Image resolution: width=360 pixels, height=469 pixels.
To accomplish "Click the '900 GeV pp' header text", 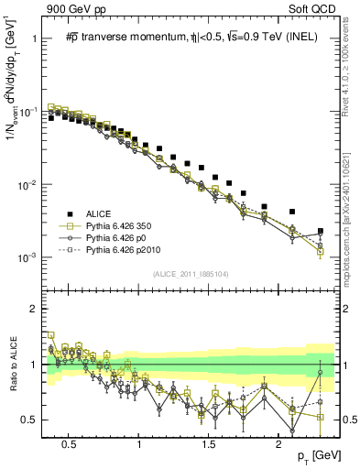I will coord(71,9).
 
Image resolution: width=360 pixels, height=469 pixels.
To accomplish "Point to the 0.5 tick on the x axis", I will coord(68,443).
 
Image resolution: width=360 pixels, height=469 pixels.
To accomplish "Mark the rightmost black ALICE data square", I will coord(321,231).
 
